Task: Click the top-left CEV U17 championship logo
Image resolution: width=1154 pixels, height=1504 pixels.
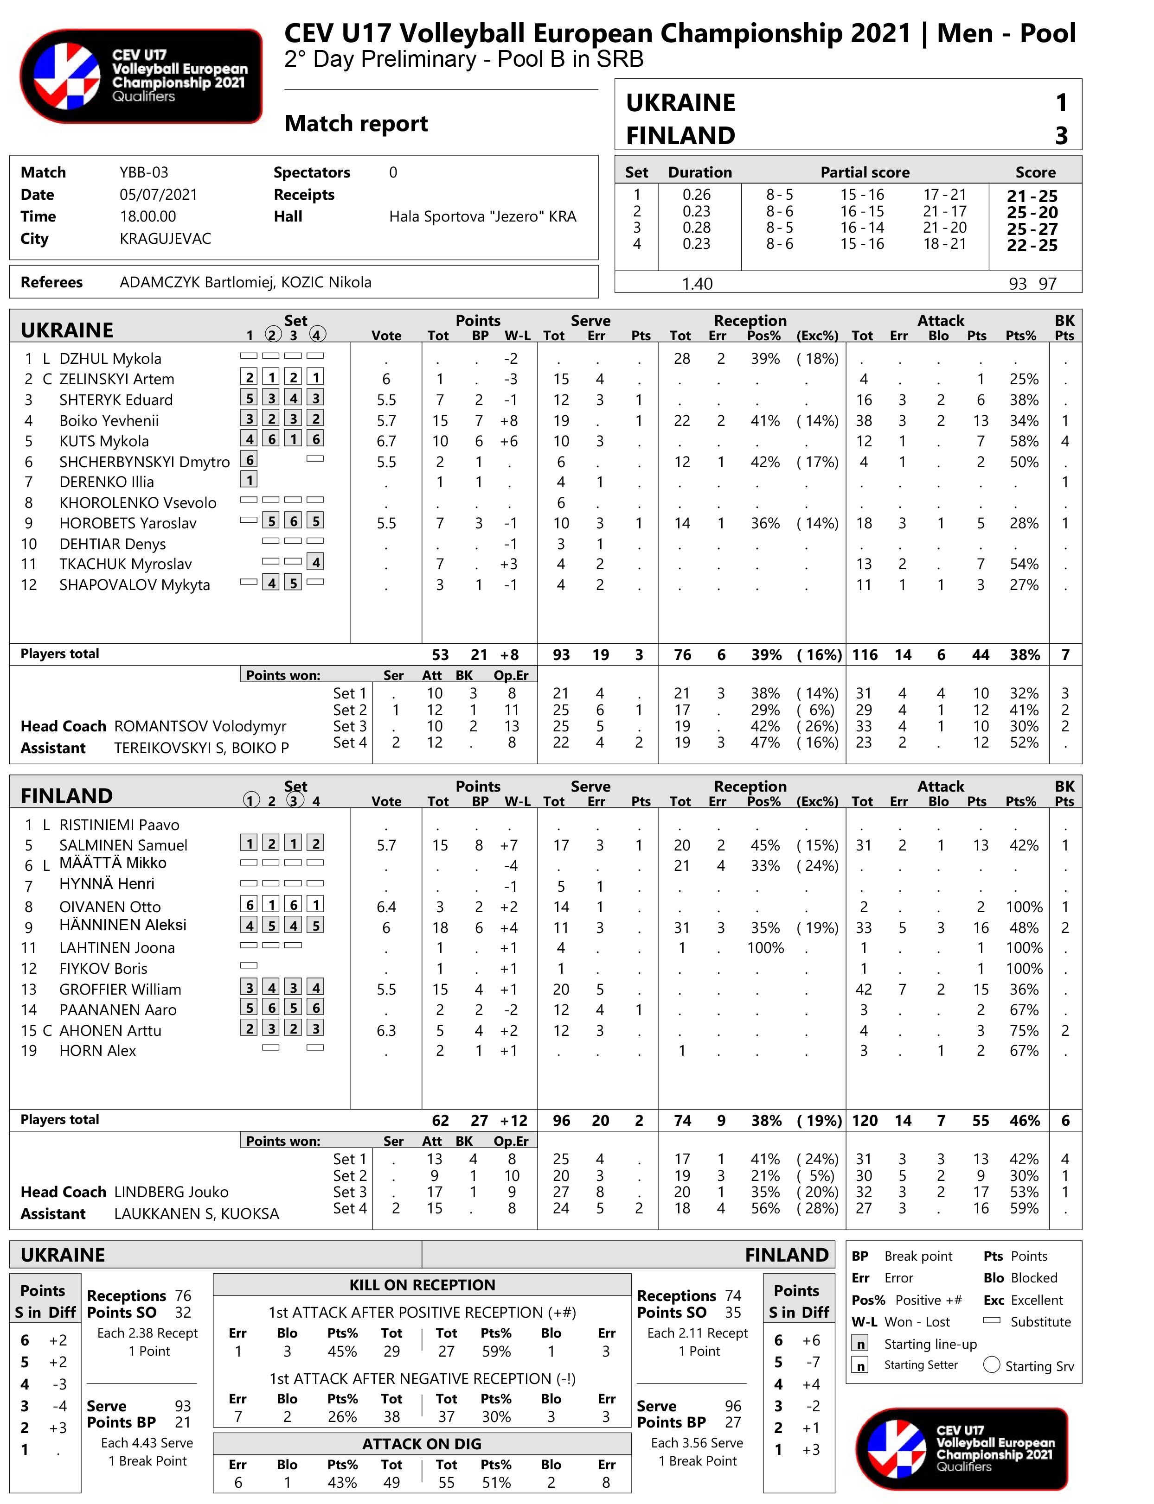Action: (141, 76)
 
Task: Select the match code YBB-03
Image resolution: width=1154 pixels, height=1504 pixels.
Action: (144, 172)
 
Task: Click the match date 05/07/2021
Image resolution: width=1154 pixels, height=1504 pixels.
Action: (158, 194)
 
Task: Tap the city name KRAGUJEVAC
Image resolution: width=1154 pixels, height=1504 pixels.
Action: (165, 238)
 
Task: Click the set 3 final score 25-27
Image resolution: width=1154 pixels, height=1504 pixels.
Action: (1032, 228)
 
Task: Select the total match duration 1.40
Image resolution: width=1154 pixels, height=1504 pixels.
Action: (697, 284)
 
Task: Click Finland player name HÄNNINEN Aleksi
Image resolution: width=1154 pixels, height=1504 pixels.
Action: (122, 925)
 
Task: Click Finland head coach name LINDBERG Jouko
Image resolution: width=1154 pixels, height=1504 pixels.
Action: (171, 1192)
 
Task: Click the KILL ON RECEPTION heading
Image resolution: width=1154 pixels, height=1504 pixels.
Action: (422, 1285)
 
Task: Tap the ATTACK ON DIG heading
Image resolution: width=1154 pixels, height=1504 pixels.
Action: (422, 1444)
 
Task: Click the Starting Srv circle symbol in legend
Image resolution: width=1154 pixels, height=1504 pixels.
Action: (991, 1364)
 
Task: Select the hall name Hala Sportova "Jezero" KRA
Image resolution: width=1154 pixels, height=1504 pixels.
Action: (482, 217)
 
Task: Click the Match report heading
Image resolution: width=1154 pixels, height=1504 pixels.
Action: (356, 124)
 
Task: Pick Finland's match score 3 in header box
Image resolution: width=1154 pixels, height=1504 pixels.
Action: (1061, 135)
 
